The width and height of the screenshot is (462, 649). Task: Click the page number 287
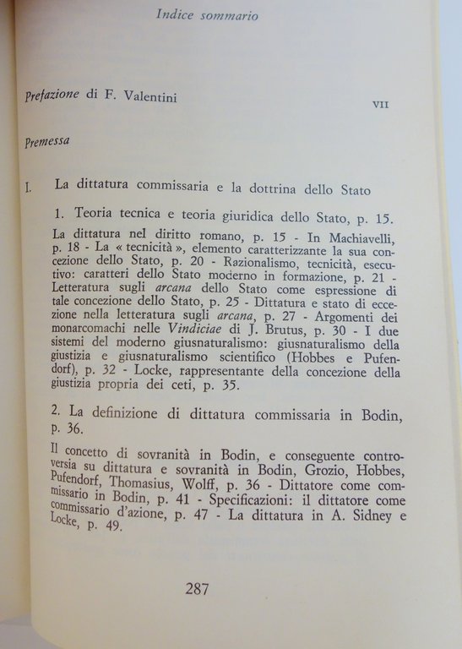click(197, 589)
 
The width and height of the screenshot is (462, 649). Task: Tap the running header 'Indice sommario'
click(207, 15)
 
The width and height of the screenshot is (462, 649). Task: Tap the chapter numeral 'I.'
click(29, 186)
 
